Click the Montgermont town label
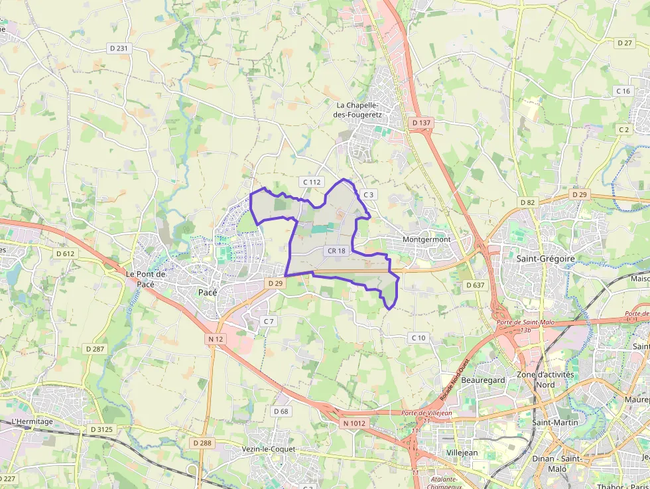click(426, 240)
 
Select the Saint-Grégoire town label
click(545, 258)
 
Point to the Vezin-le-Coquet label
click(269, 449)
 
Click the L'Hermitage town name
click(32, 422)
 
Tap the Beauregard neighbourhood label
click(483, 380)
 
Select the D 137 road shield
click(421, 123)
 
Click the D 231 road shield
click(118, 48)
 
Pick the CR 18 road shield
click(336, 251)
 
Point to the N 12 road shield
click(215, 339)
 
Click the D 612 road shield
click(65, 253)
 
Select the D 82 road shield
click(527, 202)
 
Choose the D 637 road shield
click(475, 285)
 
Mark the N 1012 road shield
click(354, 423)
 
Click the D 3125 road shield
click(101, 429)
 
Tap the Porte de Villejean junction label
click(426, 413)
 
